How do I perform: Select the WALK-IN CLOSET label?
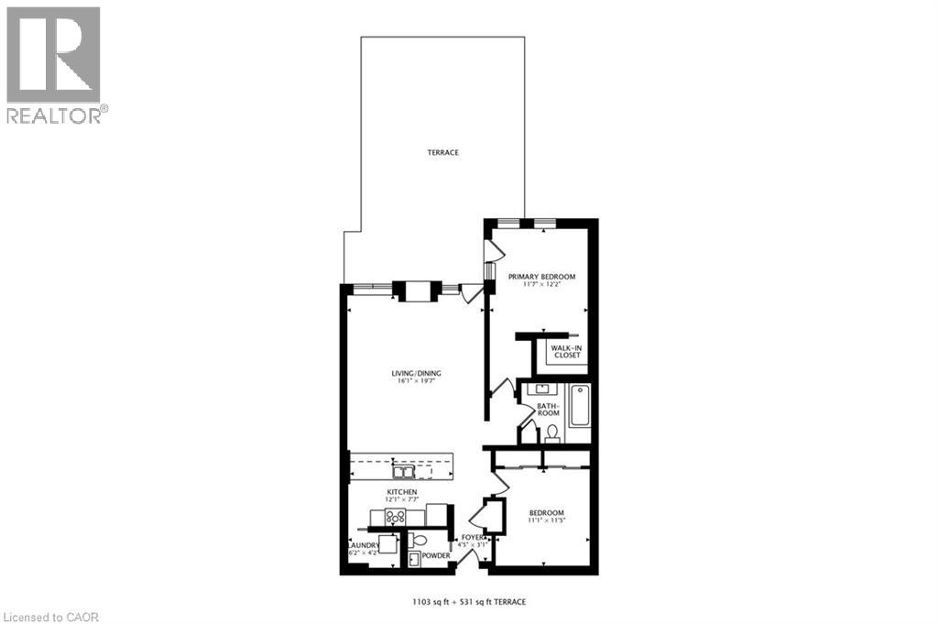(x=565, y=352)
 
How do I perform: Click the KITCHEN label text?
(x=402, y=493)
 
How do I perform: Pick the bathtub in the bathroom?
(x=580, y=406)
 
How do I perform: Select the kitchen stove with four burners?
(x=395, y=517)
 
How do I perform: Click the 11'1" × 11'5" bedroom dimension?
(x=546, y=521)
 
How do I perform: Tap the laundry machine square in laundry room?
(x=387, y=544)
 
